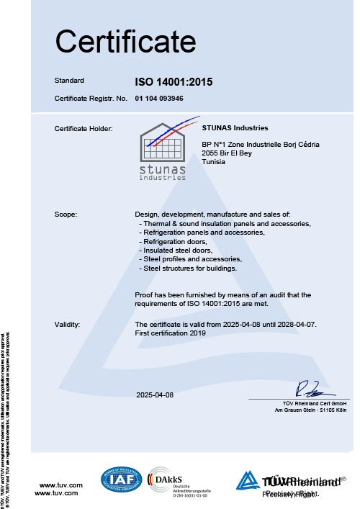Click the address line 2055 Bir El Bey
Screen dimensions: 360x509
[230, 153]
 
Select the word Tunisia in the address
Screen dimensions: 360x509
[215, 162]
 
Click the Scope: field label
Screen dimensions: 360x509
[66, 215]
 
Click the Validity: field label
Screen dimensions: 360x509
[68, 325]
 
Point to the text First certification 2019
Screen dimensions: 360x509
[171, 333]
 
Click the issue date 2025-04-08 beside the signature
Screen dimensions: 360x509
[155, 395]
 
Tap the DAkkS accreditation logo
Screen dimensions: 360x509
[171, 480]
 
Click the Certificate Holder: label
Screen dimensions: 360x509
[84, 128]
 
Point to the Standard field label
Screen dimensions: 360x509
[70, 80]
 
